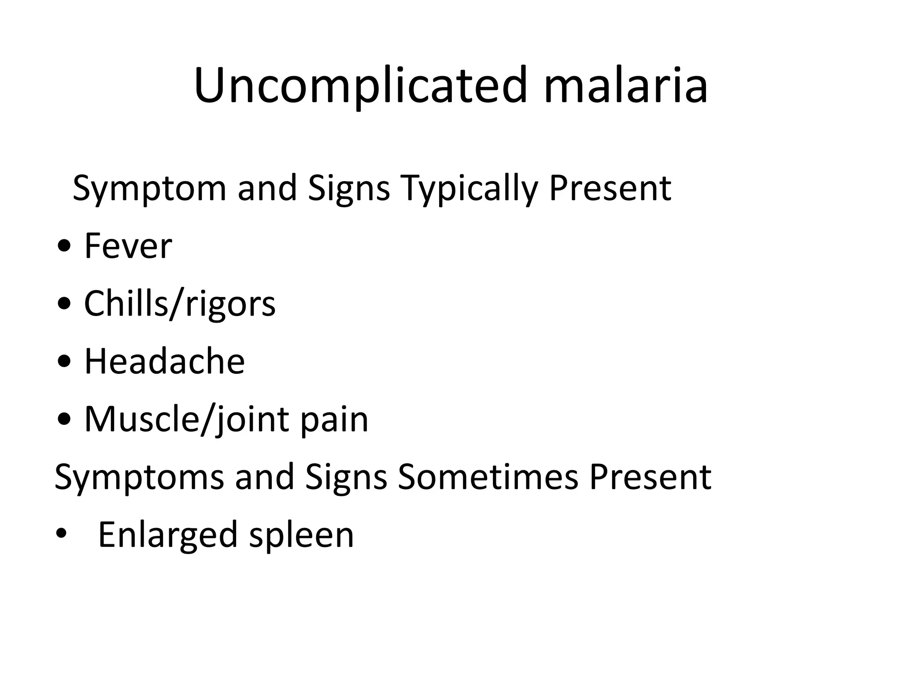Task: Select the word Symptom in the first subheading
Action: [x=149, y=189]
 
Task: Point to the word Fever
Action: [x=128, y=246]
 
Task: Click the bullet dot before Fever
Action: [x=64, y=248]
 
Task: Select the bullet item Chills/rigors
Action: [x=180, y=304]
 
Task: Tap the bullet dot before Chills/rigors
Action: [x=64, y=305]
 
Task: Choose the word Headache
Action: [x=164, y=361]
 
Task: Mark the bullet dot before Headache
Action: [x=64, y=363]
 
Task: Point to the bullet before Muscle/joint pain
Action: [x=64, y=420]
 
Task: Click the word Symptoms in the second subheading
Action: [x=139, y=477]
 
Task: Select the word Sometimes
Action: [x=488, y=477]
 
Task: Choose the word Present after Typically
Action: [x=610, y=189]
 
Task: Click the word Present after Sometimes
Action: [x=651, y=477]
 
